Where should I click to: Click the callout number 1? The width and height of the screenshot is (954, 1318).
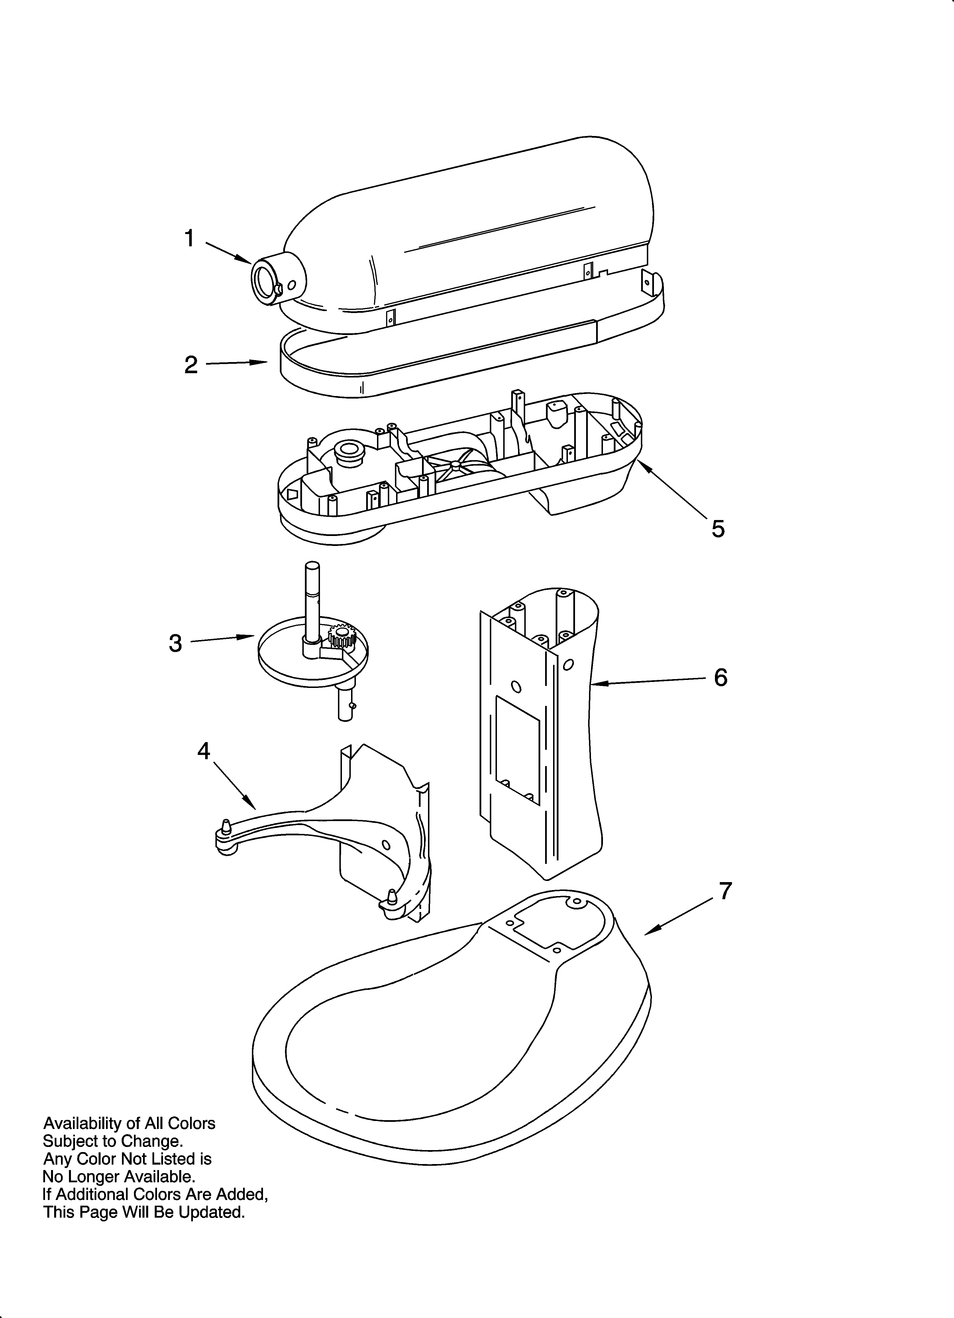point(189,238)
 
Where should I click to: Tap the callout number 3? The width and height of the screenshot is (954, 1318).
point(176,643)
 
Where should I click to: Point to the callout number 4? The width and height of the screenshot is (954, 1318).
point(203,752)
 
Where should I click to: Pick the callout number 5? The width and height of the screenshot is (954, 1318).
point(718,529)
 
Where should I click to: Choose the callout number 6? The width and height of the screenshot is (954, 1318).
point(720,678)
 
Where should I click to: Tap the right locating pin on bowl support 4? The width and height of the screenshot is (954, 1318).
point(392,895)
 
